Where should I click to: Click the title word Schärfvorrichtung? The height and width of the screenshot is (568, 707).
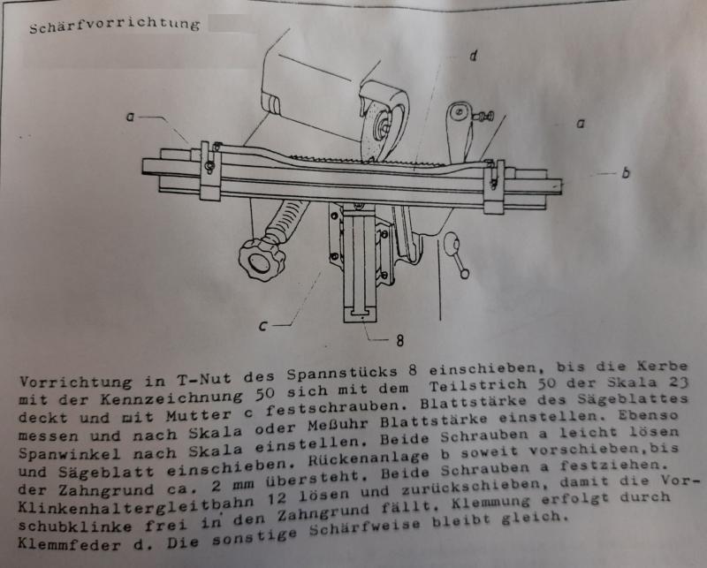click(x=115, y=26)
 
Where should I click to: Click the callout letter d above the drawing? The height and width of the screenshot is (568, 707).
click(x=473, y=56)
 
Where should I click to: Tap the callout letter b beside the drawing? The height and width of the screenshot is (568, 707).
click(x=626, y=172)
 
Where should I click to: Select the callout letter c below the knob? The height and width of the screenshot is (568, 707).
click(x=263, y=326)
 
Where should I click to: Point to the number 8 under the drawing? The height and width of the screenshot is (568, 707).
click(x=400, y=341)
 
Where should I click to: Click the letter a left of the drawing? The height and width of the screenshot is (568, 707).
click(x=130, y=117)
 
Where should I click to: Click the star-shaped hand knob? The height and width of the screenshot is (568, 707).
click(x=262, y=260)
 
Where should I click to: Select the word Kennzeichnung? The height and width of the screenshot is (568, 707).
click(x=171, y=398)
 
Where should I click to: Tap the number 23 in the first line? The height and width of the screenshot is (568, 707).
click(x=678, y=382)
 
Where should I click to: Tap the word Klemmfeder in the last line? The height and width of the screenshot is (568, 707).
click(x=69, y=543)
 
